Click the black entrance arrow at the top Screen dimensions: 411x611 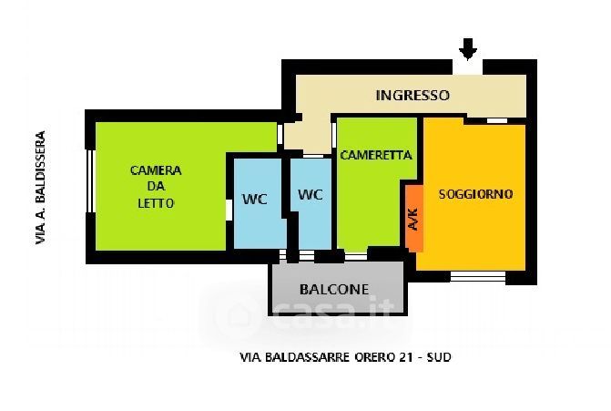click(468, 47)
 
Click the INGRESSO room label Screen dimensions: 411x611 click(412, 95)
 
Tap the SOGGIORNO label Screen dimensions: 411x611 click(475, 194)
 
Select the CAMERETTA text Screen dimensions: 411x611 click(376, 155)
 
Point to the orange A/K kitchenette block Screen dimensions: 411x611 click(413, 219)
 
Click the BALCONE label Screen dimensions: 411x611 click(334, 290)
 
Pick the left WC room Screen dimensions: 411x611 click(255, 200)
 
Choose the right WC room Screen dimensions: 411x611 click(311, 194)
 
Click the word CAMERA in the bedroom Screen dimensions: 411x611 click(156, 170)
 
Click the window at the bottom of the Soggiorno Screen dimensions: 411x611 click(478, 274)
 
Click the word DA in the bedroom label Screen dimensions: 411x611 click(156, 187)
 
